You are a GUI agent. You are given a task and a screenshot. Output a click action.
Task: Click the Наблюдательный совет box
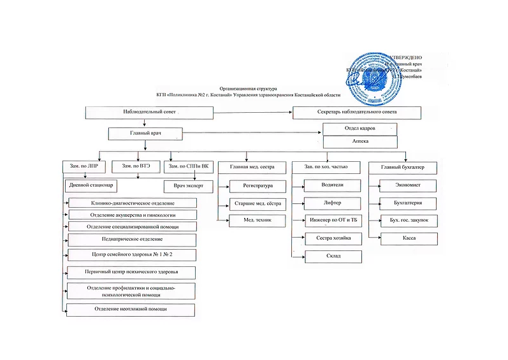[x=149, y=112]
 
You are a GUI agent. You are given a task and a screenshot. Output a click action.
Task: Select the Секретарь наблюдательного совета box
[x=356, y=112]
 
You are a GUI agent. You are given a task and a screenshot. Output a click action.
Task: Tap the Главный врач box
[x=146, y=134]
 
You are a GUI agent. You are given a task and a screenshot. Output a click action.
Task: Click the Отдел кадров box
[x=360, y=128]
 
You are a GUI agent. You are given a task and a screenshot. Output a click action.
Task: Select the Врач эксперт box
[x=187, y=187]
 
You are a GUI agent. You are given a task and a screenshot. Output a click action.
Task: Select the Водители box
[x=333, y=185]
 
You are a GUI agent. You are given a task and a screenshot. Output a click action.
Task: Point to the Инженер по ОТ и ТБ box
[x=333, y=220]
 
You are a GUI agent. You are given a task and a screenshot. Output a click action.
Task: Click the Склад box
[x=333, y=256]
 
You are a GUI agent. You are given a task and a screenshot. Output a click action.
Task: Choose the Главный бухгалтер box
[x=403, y=167]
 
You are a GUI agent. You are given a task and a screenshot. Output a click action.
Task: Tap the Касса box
[x=409, y=239]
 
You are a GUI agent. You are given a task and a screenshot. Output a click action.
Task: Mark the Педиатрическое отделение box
[x=132, y=239]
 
